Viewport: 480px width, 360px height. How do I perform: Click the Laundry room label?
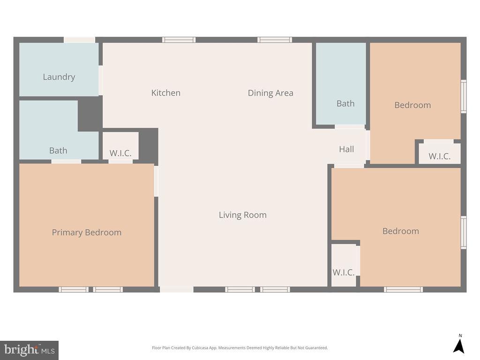pos(59,77)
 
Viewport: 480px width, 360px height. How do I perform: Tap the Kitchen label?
pos(165,93)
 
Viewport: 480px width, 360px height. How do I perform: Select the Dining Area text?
pos(270,93)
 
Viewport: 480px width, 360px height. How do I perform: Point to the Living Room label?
pos(242,215)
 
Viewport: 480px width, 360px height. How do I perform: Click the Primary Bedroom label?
pos(86,232)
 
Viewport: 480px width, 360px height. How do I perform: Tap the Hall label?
pos(346,149)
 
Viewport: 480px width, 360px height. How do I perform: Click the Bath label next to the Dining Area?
pos(345,104)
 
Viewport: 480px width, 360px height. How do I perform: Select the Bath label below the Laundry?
pos(58,150)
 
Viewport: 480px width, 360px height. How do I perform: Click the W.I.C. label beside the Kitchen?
pos(120,153)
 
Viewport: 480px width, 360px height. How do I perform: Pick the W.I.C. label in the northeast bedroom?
pos(439,157)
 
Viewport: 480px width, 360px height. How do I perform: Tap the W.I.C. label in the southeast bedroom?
pos(344,272)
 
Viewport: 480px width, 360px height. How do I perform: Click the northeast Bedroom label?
pos(412,105)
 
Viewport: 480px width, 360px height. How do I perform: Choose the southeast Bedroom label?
pos(401,231)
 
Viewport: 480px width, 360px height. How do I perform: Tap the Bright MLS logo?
pos(29,350)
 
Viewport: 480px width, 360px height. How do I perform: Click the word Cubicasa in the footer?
pos(203,348)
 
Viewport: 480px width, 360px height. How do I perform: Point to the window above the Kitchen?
pos(179,40)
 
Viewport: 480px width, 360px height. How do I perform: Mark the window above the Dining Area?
pos(275,40)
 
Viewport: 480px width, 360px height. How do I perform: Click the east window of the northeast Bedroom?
pos(464,96)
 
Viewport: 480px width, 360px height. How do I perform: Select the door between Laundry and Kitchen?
pos(101,80)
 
